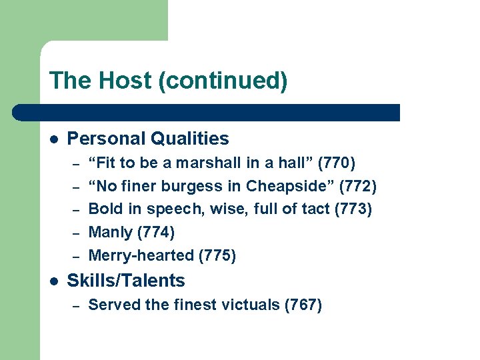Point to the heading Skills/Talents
pyautogui.click(x=126, y=281)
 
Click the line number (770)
pyautogui.click(x=337, y=163)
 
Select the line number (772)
pyautogui.click(x=358, y=186)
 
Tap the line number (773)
pyautogui.click(x=353, y=209)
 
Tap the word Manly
pyautogui.click(x=111, y=233)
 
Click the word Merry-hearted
pyautogui.click(x=141, y=255)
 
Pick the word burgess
pyautogui.click(x=196, y=186)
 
